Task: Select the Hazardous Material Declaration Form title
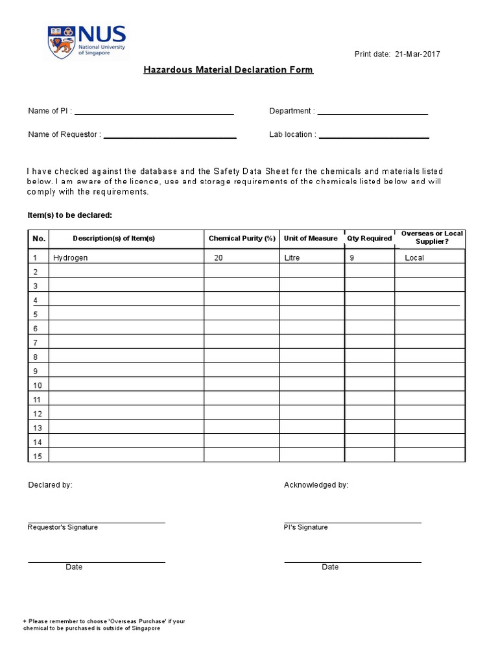point(228,69)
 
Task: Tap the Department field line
point(372,113)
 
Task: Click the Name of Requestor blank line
point(170,137)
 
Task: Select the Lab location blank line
point(373,137)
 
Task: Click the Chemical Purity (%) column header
point(242,239)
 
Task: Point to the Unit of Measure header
point(311,239)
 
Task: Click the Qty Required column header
point(369,239)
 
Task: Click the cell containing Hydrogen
point(71,258)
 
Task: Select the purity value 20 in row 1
point(219,258)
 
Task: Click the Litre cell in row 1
point(292,258)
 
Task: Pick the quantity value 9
point(351,258)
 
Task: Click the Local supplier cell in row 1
point(414,258)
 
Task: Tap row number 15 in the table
point(37,456)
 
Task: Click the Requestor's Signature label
point(63,528)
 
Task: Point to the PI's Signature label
point(306,528)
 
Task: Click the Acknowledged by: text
point(316,485)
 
